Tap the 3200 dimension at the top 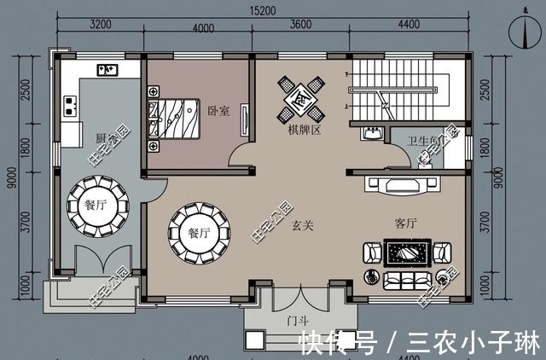[x=102, y=26]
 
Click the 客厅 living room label [x=405, y=224]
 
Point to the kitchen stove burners [x=68, y=107]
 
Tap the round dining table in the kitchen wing [x=97, y=206]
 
